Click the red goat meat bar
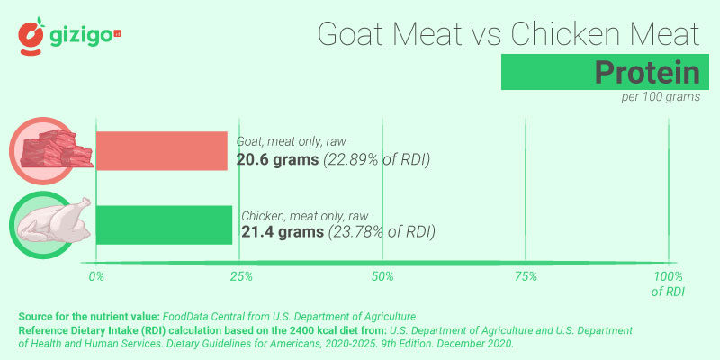[x=161, y=151]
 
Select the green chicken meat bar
[x=163, y=225]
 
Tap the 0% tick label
[x=96, y=275]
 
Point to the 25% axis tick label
[x=239, y=275]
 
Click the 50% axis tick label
[x=382, y=275]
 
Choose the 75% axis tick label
[x=526, y=275]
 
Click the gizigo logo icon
[x=32, y=36]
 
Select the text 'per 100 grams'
[x=660, y=97]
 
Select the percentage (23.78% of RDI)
[x=382, y=232]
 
